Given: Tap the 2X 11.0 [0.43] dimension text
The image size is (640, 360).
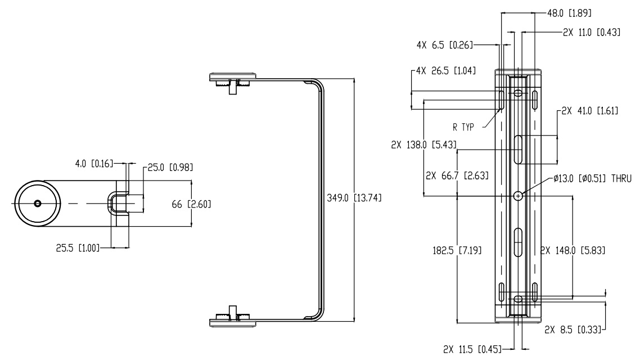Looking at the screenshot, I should click(x=591, y=33).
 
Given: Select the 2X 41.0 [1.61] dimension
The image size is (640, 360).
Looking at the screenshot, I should click(x=590, y=111).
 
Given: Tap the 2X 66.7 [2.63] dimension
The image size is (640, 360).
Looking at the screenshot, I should click(x=457, y=175).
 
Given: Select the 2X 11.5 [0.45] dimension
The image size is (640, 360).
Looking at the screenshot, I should click(x=471, y=349).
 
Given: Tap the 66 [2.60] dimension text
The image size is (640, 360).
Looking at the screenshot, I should click(x=192, y=204).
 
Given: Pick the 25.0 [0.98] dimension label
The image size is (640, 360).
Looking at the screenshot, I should click(x=167, y=167).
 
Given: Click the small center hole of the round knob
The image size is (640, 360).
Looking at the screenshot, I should click(x=37, y=204).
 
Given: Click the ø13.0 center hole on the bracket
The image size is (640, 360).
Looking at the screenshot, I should click(x=519, y=196).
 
